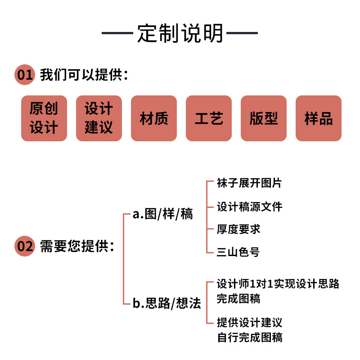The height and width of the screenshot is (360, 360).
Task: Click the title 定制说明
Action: (180, 33)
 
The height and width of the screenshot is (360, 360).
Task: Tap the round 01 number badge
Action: (25, 75)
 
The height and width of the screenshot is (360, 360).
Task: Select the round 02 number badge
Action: (25, 246)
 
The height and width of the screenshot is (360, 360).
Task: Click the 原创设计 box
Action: (44, 118)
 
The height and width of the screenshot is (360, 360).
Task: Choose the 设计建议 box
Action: (99, 118)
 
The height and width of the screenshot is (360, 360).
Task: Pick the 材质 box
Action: (154, 118)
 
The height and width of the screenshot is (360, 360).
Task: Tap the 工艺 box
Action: (209, 118)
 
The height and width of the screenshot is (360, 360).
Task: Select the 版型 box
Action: (264, 118)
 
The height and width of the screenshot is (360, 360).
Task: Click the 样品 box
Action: (319, 118)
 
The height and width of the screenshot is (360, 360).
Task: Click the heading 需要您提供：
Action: (77, 246)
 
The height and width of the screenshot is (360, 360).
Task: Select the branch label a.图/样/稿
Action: (162, 214)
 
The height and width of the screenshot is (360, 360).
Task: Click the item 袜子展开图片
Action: (249, 183)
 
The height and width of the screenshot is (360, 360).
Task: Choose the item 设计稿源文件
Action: (249, 207)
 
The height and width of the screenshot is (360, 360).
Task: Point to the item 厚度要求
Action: (238, 229)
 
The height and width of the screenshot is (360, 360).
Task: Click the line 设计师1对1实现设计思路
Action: (278, 284)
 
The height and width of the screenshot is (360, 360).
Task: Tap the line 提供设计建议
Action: (249, 323)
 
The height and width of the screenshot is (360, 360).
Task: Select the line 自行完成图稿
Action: (249, 337)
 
